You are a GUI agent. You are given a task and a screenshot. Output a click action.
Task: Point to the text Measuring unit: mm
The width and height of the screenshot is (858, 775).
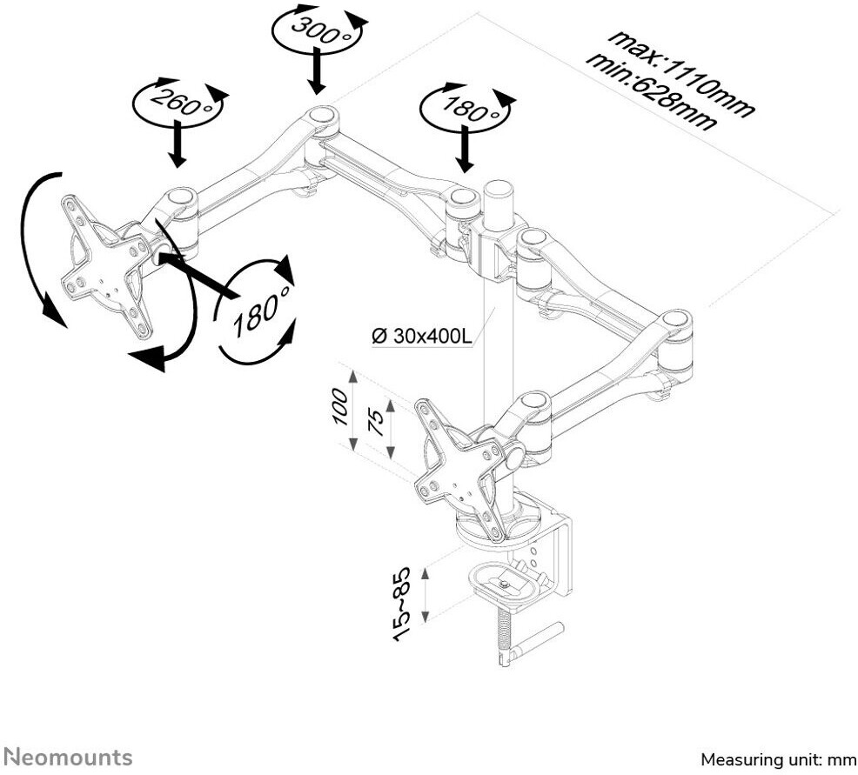pyautogui.click(x=779, y=758)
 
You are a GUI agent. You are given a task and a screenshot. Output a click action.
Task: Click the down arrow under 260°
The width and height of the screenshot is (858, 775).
pyautogui.click(x=178, y=143)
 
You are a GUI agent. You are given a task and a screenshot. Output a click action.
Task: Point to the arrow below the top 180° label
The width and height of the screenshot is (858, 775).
pyautogui.click(x=466, y=147)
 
